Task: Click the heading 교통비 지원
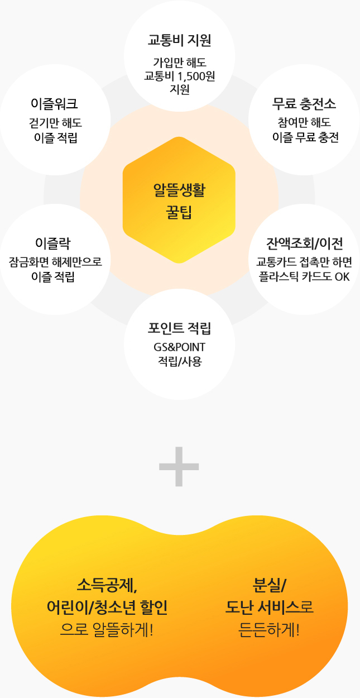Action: click(x=179, y=40)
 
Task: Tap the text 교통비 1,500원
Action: click(x=179, y=76)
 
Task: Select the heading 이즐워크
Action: click(x=54, y=104)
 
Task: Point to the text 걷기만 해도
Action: click(x=55, y=123)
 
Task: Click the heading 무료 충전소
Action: click(x=304, y=104)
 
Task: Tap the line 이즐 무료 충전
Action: click(x=305, y=137)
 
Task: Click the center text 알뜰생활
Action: click(x=179, y=190)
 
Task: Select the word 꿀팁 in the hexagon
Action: click(x=179, y=212)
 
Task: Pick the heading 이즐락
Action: click(x=53, y=243)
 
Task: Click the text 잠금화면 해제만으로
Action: click(x=55, y=262)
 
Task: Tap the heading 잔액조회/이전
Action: click(x=305, y=243)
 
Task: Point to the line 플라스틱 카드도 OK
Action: click(x=304, y=277)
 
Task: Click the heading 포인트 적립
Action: click(x=179, y=328)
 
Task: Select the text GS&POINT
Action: click(x=179, y=347)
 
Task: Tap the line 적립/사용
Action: click(x=180, y=361)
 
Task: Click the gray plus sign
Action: click(x=179, y=466)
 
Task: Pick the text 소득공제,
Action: click(x=107, y=586)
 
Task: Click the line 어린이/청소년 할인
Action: click(x=107, y=608)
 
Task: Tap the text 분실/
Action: click(x=269, y=585)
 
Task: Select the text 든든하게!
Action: click(x=269, y=630)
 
